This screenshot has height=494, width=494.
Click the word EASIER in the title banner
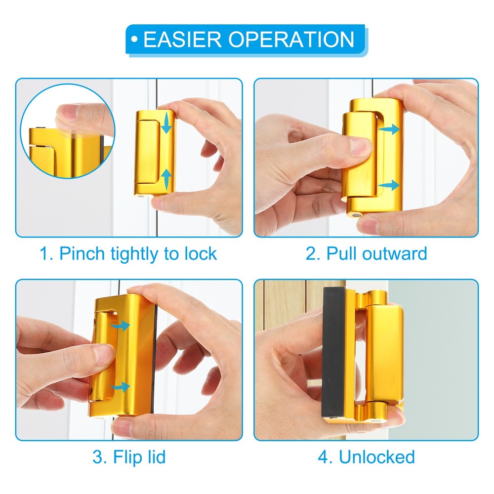click(182, 40)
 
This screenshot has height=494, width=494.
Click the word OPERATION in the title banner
click(291, 40)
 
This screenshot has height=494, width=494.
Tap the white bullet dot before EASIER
click(134, 40)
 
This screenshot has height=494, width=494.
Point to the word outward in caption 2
click(394, 253)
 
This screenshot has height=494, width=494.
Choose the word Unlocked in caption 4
click(376, 457)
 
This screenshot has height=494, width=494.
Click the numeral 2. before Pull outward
click(313, 254)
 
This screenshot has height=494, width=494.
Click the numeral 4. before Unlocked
click(325, 457)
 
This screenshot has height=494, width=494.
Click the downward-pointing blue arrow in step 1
click(166, 123)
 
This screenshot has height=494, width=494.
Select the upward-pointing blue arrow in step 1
click(166, 179)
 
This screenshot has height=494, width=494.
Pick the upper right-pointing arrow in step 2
click(389, 129)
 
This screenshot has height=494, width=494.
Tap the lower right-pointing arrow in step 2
click(389, 185)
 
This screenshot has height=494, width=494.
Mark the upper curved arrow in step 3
click(120, 325)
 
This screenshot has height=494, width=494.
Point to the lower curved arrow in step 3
click(121, 386)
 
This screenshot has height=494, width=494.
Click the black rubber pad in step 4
click(334, 354)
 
